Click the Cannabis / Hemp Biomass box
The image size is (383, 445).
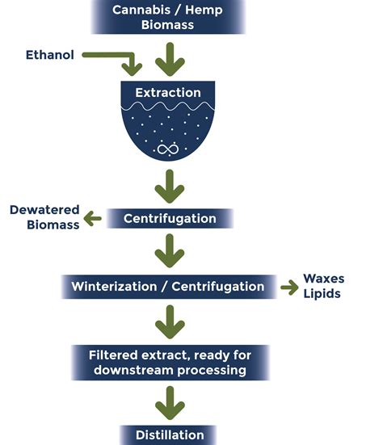[169, 16]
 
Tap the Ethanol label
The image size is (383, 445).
[49, 54]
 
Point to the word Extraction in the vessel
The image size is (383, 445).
[168, 93]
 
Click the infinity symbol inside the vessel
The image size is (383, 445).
[168, 149]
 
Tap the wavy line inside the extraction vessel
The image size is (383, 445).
[168, 107]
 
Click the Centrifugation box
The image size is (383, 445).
[169, 218]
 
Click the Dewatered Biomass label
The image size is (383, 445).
[44, 217]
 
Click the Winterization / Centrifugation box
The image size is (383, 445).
[168, 286]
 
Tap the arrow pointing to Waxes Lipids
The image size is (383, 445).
[288, 286]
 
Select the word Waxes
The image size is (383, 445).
[323, 279]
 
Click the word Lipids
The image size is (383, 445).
[322, 293]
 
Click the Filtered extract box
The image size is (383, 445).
[169, 363]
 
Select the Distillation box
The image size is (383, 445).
[169, 435]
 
